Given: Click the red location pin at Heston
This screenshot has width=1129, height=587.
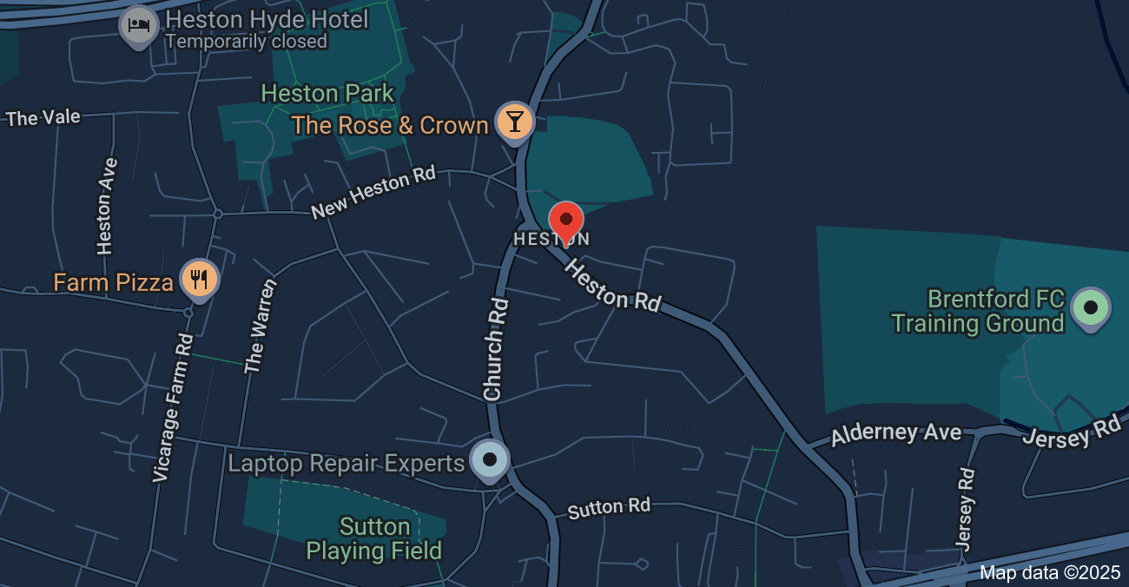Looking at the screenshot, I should tap(566, 221).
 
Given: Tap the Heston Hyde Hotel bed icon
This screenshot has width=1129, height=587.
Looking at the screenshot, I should tap(138, 24).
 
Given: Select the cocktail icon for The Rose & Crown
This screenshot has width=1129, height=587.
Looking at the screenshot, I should tap(514, 122).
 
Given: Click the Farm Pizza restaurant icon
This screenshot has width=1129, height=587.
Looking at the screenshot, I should tap(200, 279).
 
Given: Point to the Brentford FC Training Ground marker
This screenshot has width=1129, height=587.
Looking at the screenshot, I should tap(1091, 307).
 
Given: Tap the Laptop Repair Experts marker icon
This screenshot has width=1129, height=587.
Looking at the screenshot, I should tap(490, 459).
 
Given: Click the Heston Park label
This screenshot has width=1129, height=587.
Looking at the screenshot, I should tap(327, 93).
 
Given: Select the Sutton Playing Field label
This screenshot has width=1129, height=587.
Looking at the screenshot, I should tap(374, 538).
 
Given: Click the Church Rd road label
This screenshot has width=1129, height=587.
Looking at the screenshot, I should tap(495, 349).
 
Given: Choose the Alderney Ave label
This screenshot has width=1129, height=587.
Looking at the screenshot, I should tap(895, 433).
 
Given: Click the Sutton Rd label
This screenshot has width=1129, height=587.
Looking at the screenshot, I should tap(608, 508).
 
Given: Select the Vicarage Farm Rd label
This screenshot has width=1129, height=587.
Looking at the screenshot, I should tap(172, 406).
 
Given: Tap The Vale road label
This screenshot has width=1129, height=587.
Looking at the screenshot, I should tap(43, 117).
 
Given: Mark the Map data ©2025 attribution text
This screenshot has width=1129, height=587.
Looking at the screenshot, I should tap(1050, 572).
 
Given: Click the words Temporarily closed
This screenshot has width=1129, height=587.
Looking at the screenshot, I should tap(246, 41).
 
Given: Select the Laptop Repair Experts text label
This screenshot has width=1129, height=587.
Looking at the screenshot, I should tap(346, 464).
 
